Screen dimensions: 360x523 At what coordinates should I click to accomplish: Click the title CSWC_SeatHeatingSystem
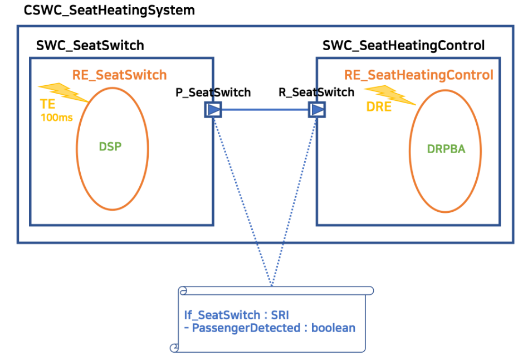point(109,10)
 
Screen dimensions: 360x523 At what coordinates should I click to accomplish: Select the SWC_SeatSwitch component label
point(90,45)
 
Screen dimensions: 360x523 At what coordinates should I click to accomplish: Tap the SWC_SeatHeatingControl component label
point(403,45)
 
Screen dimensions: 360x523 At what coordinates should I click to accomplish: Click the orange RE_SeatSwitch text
point(119,75)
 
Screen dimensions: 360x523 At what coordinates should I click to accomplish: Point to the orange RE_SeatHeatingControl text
point(418,75)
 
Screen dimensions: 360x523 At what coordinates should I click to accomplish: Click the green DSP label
point(110,147)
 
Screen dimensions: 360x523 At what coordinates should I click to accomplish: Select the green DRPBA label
point(446,149)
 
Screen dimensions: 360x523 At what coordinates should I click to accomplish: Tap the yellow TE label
point(47,104)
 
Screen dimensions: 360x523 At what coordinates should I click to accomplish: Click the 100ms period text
point(56,118)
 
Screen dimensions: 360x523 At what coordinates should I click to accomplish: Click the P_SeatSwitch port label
point(213,93)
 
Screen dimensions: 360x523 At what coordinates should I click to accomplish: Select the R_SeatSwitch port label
point(316,92)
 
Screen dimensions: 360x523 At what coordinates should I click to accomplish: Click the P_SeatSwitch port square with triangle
point(213,110)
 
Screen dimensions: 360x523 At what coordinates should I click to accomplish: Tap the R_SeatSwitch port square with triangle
point(317,110)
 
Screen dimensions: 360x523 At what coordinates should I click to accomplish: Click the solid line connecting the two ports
point(265,110)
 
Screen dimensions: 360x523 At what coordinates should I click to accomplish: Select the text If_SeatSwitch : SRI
point(236,314)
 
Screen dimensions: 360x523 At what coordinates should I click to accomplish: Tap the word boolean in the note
point(333,328)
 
